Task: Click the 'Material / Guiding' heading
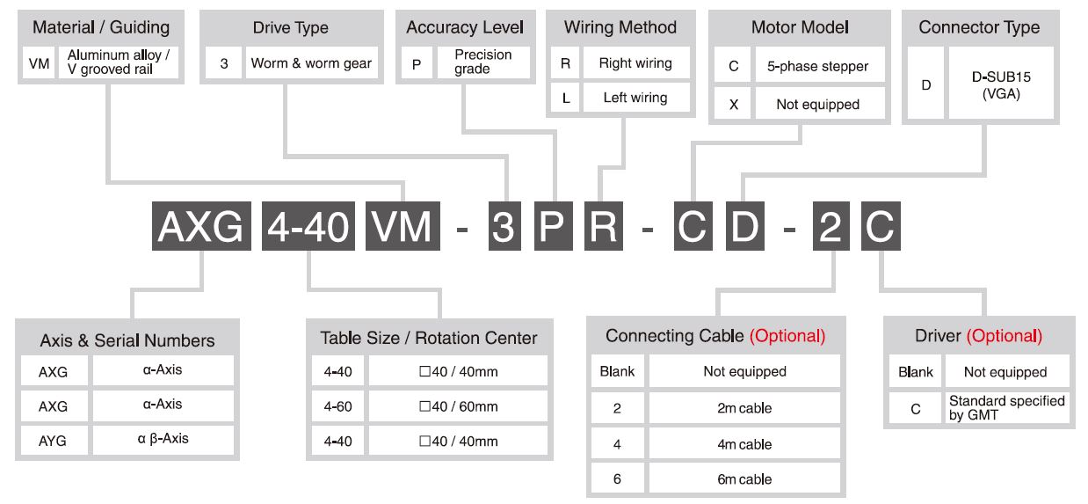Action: (101, 27)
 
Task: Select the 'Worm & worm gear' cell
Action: (311, 62)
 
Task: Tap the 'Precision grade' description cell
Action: (483, 62)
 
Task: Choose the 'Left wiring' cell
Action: (635, 98)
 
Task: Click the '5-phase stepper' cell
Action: (819, 66)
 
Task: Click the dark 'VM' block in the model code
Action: (403, 226)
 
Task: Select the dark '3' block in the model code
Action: (504, 226)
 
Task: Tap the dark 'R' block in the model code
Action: (603, 226)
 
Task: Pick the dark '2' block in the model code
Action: (831, 226)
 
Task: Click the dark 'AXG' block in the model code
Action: (201, 226)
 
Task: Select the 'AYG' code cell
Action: (54, 441)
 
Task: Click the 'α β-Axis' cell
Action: (163, 441)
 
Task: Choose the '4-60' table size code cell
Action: (337, 406)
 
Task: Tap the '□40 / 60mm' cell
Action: (458, 406)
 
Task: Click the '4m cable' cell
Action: (744, 443)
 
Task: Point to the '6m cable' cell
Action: (744, 478)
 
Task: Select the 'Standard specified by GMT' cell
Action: (1006, 408)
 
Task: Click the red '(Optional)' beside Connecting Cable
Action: (787, 336)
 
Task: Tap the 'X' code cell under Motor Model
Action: (734, 104)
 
